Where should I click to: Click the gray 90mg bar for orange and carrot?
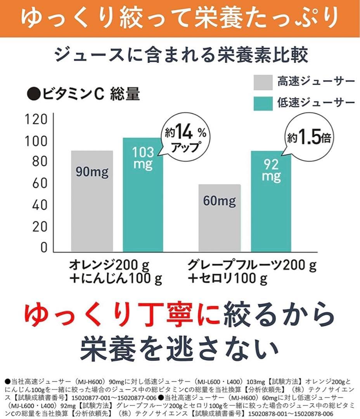tap(92, 201)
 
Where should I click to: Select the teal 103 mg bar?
tap(143, 194)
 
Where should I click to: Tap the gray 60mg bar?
tap(220, 218)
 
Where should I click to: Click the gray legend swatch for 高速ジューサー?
tap(263, 82)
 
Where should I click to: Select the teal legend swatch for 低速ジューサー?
tap(263, 103)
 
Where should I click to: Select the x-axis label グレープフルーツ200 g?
tap(252, 265)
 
